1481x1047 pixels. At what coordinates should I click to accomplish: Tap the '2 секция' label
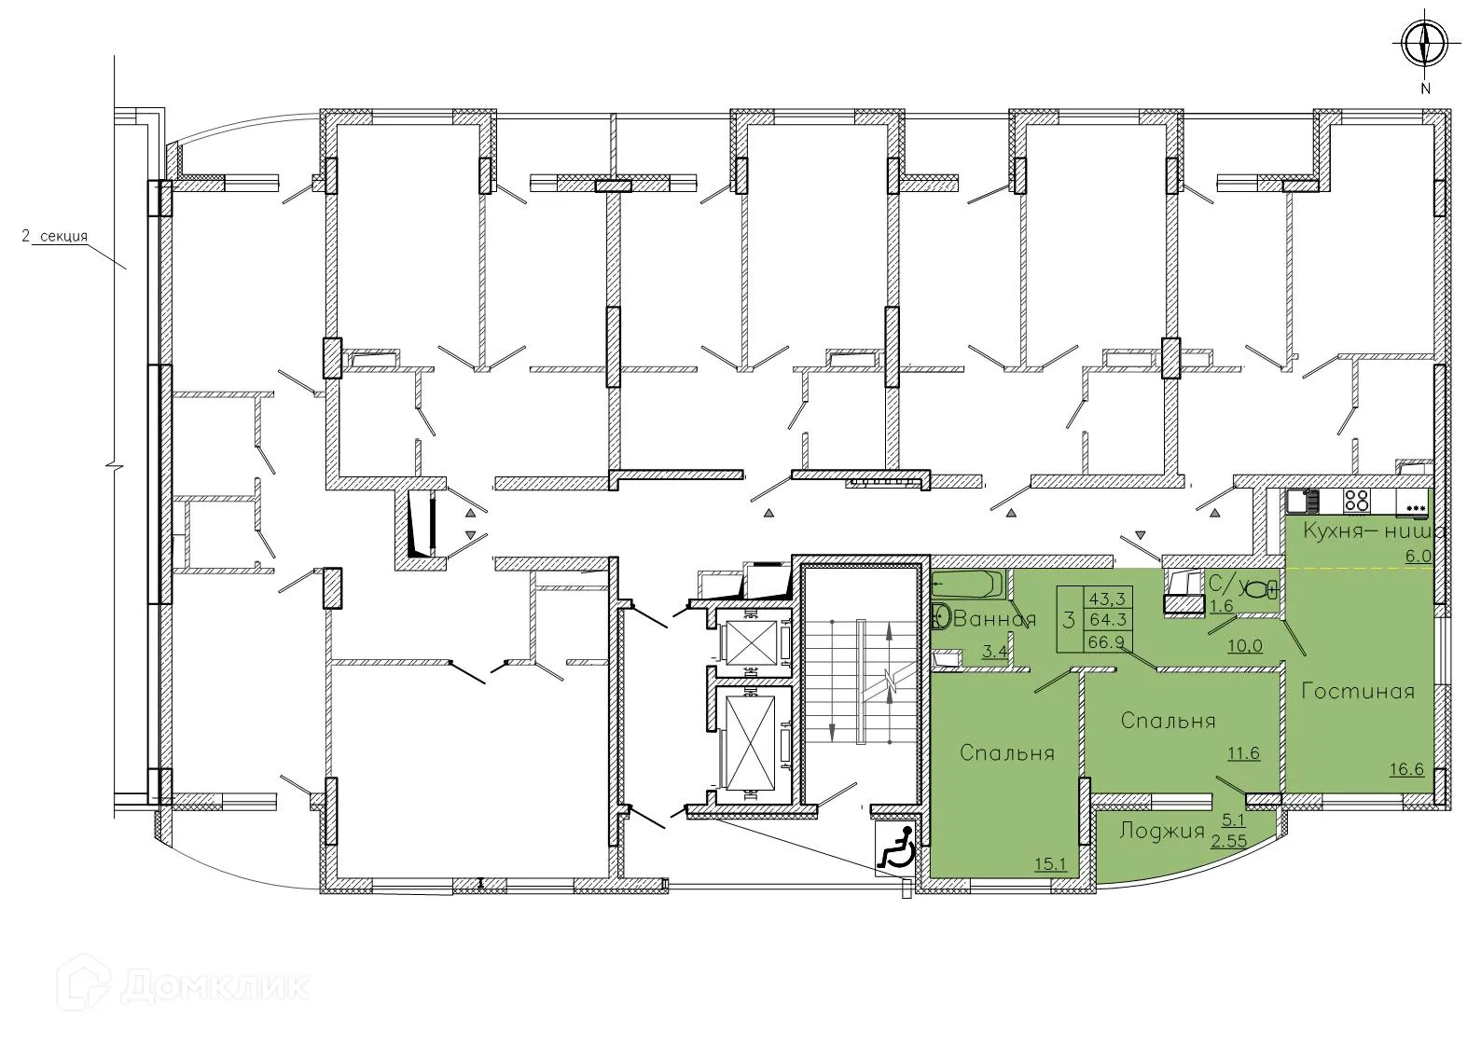tap(55, 237)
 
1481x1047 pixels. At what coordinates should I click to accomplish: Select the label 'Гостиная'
tap(1358, 692)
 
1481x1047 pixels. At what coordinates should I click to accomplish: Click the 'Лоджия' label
tap(1162, 831)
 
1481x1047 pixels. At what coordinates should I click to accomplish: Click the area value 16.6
tap(1405, 769)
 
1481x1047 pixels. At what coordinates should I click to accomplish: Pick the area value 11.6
tap(1243, 753)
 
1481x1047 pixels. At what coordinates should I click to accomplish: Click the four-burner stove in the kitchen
tap(1356, 501)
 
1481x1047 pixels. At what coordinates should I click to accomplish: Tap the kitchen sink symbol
tap(1300, 502)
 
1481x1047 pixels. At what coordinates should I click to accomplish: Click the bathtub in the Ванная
tap(966, 585)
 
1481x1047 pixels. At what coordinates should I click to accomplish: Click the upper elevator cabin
tap(750, 641)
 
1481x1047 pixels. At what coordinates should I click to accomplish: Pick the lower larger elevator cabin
tap(750, 741)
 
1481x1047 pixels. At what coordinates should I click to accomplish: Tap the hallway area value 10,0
tap(1244, 645)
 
